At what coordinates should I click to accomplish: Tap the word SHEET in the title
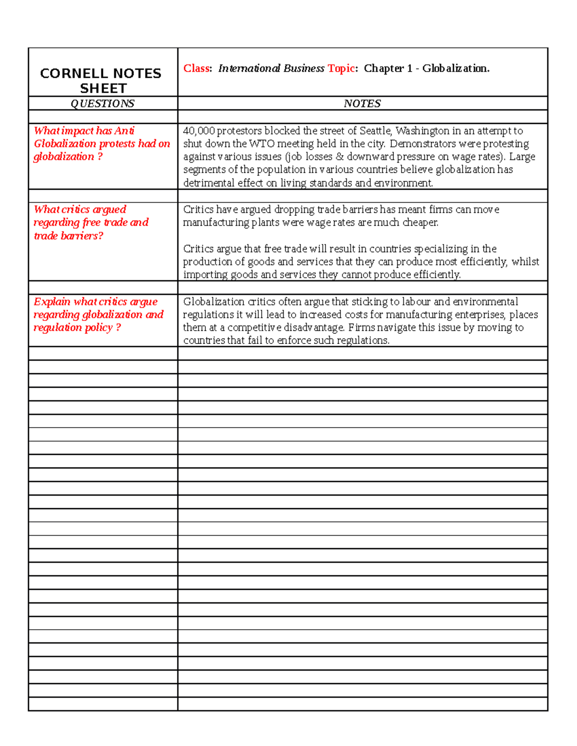103,89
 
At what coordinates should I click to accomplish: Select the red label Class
196,68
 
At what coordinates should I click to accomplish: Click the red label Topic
341,68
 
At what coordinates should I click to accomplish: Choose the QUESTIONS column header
102,103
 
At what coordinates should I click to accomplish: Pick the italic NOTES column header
362,103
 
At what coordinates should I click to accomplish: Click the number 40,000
199,131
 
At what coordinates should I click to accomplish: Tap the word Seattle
375,131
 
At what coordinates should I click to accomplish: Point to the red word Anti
125,131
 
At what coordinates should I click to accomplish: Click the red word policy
99,328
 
